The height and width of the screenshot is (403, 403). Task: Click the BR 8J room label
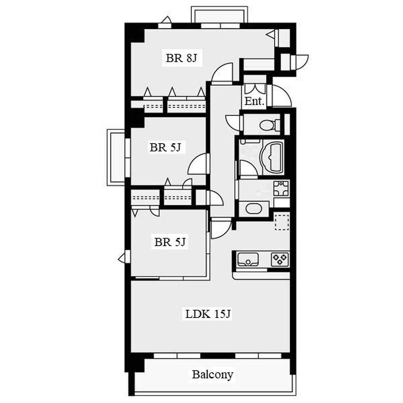pos(181,58)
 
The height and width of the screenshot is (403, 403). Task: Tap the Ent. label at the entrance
pos(255,101)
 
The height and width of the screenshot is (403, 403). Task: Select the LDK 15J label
pos(208,314)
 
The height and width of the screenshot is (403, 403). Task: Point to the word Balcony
pos(213,375)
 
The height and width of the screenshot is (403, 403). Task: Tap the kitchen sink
pos(248,259)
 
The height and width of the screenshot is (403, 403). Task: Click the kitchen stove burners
pos(280,259)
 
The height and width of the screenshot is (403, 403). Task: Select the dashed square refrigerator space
pos(282,221)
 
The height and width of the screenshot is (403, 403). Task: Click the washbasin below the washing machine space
pos(254,209)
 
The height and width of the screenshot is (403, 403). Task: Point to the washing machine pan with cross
pos(281,188)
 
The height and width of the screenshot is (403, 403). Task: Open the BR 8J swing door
pos(222,74)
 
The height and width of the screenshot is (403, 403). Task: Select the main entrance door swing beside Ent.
pos(281,96)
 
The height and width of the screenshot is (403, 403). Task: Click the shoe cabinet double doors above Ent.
pos(255,89)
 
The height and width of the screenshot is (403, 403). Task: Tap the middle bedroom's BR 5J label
pos(165,148)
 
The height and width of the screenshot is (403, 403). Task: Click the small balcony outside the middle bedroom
pos(116,157)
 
